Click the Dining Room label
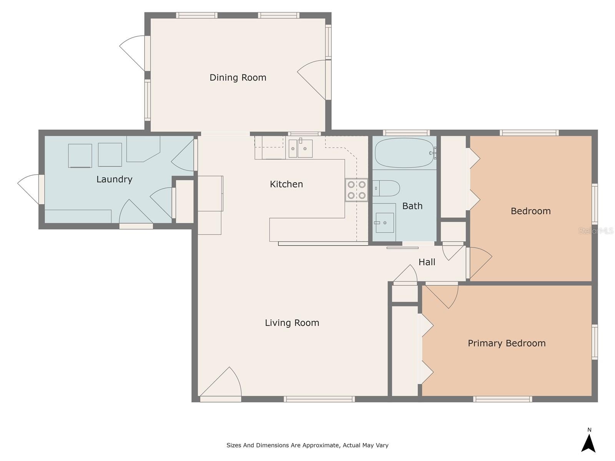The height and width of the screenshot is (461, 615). point(238,78)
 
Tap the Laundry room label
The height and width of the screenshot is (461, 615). point(114,179)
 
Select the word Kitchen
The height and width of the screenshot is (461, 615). point(286,184)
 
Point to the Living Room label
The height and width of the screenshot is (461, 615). point(292,323)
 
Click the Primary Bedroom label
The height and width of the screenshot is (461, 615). point(507,343)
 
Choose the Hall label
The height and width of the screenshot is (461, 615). point(427,262)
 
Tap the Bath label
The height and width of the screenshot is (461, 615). point(412,206)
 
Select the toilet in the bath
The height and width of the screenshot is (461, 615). point(386,188)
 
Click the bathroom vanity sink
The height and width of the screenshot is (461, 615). point(384,222)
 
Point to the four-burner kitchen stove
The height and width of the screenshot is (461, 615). point(356,190)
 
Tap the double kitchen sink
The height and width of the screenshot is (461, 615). point(300,149)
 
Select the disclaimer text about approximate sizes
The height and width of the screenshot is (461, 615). point(307,445)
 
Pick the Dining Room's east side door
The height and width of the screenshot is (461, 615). point(314,80)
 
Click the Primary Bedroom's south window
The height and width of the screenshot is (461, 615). point(503,399)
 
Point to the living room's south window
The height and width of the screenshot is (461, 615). point(319,399)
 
